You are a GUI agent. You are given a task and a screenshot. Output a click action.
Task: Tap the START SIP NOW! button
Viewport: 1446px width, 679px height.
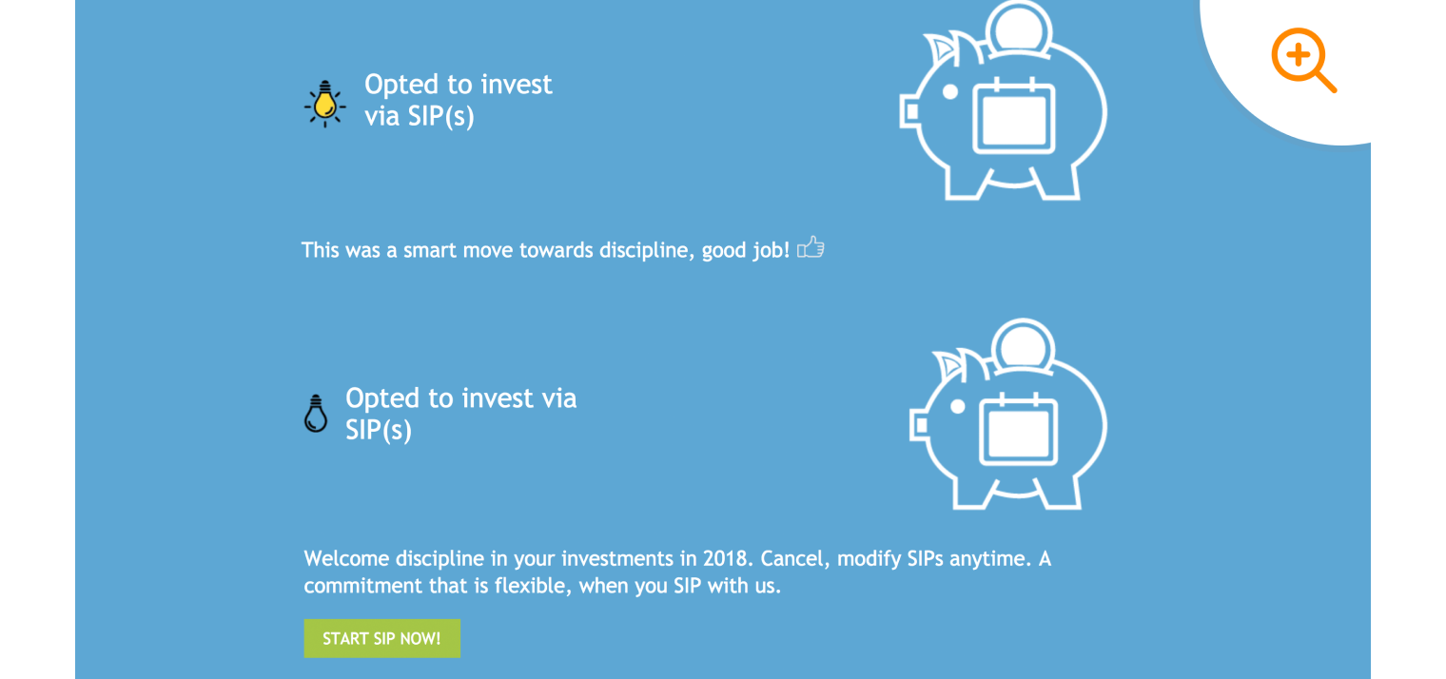point(381,638)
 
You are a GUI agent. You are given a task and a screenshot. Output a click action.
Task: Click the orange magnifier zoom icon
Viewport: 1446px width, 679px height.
point(1302,59)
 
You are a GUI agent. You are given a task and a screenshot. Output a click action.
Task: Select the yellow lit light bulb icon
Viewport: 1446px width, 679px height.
point(325,103)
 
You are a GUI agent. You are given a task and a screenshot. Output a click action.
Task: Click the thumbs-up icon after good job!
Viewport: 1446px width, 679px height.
point(811,248)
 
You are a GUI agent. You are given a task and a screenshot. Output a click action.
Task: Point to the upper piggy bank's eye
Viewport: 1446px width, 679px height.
point(949,92)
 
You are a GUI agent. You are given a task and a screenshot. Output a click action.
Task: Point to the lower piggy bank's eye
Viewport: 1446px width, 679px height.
point(958,407)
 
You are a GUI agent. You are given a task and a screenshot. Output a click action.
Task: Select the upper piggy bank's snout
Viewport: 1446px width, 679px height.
point(909,112)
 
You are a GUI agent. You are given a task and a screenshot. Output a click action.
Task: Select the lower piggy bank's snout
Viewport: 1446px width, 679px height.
point(919,424)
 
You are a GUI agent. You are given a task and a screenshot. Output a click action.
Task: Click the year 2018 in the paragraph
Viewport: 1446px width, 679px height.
point(726,558)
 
